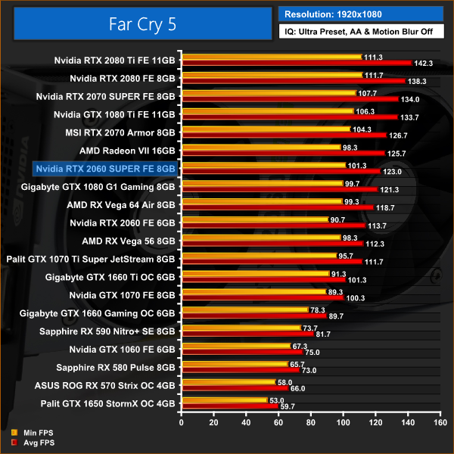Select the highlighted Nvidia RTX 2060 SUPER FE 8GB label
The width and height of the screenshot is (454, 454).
(105, 168)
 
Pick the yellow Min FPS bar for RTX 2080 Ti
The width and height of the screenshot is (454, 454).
(270, 57)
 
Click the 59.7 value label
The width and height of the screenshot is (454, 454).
(287, 406)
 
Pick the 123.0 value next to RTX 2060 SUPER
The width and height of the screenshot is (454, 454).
(393, 172)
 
